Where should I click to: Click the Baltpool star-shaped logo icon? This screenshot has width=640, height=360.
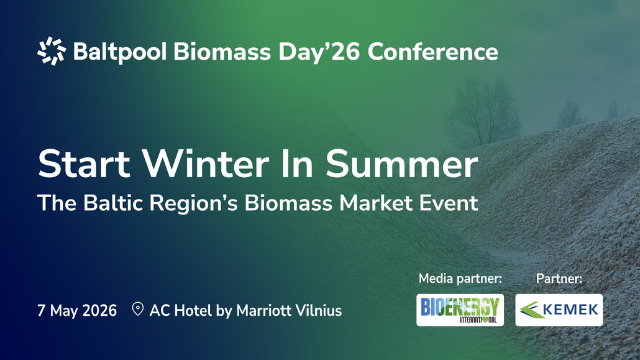[x=52, y=51]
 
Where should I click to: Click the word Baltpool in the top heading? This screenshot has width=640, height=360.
[x=120, y=52]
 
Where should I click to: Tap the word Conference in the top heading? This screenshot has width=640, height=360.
[x=432, y=52]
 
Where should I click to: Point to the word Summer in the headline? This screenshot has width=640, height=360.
[x=401, y=164]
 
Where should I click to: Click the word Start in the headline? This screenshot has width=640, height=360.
[x=84, y=164]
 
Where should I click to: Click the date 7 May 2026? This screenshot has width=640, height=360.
[x=77, y=310]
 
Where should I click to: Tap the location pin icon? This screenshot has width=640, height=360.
[x=138, y=309]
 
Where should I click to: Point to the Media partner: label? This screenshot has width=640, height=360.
[x=460, y=279]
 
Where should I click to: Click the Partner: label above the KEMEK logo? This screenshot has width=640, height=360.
[x=559, y=279]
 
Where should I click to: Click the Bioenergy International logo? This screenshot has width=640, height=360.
[x=460, y=310]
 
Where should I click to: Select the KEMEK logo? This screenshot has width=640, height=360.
[x=559, y=310]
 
